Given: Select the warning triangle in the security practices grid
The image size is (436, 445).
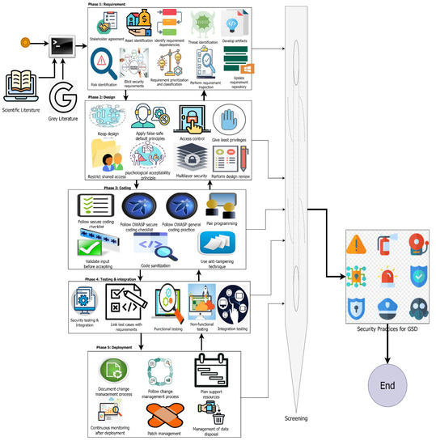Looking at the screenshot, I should [x=356, y=244].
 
